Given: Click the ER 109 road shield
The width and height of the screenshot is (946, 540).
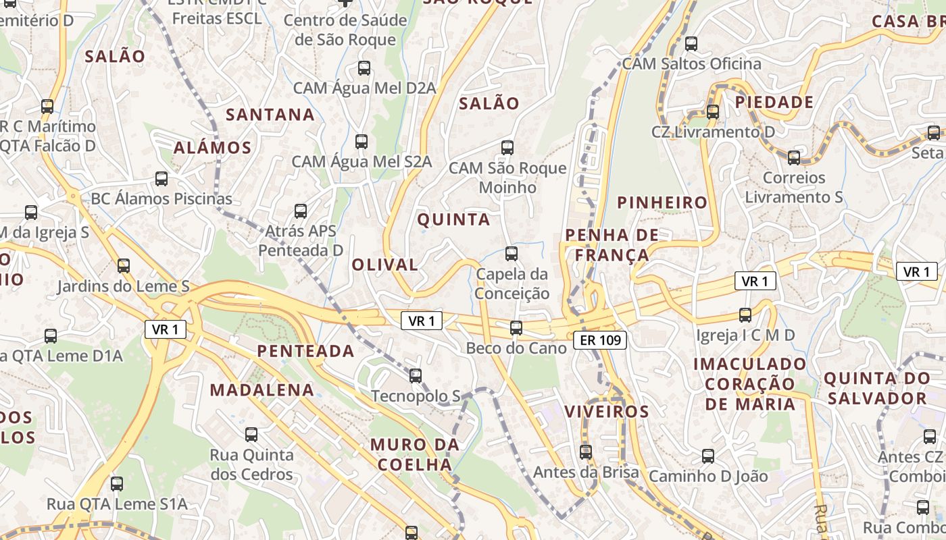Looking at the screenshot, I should coord(600,340).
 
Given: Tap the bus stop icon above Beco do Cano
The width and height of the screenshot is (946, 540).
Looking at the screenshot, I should coord(516,328).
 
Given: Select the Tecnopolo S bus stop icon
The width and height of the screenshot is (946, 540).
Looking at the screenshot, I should coord(416,375).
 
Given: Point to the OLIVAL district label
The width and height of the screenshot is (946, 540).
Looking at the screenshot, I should coord(384,265).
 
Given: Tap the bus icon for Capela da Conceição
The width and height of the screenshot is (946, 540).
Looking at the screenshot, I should coord(512,254).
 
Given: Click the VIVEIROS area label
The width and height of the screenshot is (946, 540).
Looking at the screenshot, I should coord(606,411).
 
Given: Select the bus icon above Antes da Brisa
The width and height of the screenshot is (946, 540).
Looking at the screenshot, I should coord(586,452).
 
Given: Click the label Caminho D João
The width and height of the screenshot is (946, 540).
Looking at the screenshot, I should coord(708,476).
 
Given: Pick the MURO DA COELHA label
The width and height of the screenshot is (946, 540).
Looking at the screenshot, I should coord(415,454).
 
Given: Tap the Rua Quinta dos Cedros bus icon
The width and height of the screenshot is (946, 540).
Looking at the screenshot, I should coord(251,435).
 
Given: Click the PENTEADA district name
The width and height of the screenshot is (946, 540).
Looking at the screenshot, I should coord(305,351).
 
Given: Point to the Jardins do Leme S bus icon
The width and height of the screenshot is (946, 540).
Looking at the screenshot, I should coord(123,266).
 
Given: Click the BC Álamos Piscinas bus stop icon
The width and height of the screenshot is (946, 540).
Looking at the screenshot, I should coord(161,179).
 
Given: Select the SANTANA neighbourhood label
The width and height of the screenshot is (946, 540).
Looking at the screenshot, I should coord(270,115).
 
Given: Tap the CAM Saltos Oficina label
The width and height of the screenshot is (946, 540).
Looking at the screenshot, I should coord(691,64).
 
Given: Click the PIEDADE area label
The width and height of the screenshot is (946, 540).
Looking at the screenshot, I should coord(774,103).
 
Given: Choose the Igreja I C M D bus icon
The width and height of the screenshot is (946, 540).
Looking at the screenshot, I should coord(745,315).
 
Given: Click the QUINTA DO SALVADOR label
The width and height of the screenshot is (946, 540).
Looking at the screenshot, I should coord(876,388).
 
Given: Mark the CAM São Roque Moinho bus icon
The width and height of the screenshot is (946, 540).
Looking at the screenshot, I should coord(507,148).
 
